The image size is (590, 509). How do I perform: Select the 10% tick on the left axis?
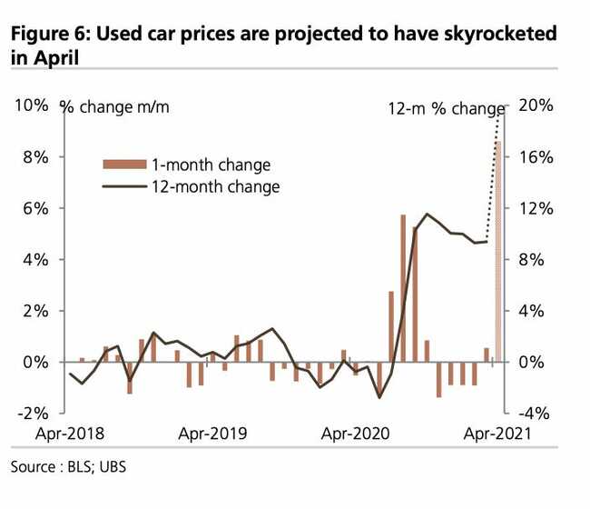[31, 106]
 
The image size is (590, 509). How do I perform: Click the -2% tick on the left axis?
[33, 413]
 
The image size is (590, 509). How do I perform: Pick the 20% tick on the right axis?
[535, 106]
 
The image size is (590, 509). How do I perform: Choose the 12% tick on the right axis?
[535, 208]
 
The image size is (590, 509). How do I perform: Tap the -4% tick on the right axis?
[535, 413]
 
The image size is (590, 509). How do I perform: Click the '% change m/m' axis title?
[114, 107]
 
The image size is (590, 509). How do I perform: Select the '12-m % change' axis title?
[439, 109]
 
